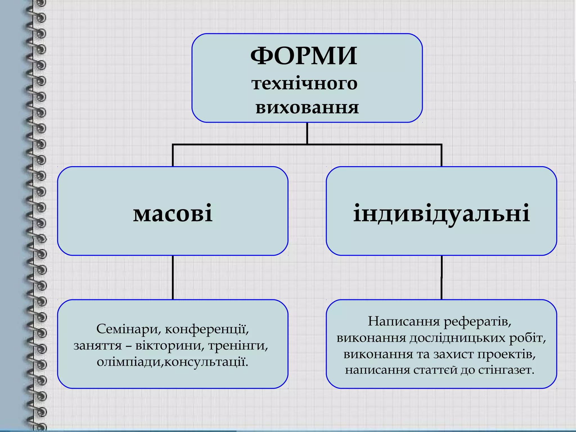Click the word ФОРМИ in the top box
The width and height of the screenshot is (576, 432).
[x=304, y=56]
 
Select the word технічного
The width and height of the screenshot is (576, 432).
[x=304, y=84]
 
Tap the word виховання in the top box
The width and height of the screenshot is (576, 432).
[x=307, y=108]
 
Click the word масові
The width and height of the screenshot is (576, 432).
[x=173, y=213]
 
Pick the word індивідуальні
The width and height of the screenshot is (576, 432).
[x=441, y=213]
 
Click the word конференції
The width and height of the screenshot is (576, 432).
[x=207, y=329]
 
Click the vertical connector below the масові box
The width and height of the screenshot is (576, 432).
[x=173, y=277]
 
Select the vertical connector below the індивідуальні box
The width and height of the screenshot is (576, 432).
[x=442, y=277]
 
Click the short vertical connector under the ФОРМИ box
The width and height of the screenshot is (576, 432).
[x=307, y=133]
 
